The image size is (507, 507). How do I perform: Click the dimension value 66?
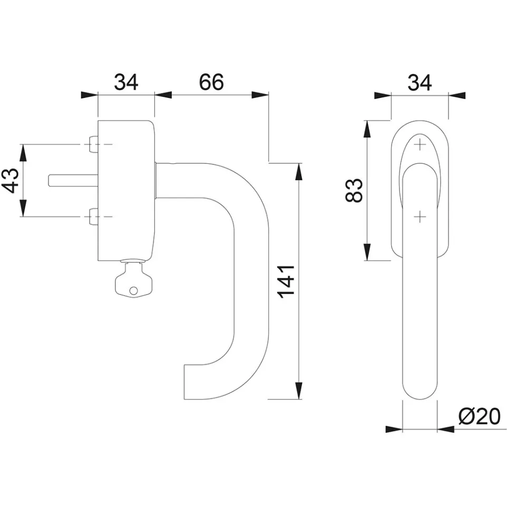211,82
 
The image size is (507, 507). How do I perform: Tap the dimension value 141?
287,281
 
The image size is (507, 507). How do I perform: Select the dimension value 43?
11,180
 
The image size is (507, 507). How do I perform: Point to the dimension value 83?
354,190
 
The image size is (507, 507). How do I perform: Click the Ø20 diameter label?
480,416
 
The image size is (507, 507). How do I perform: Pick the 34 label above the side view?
126,82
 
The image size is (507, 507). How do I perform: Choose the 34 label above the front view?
420,82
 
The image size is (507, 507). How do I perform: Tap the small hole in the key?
133,291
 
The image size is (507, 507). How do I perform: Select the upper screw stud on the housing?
93,144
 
